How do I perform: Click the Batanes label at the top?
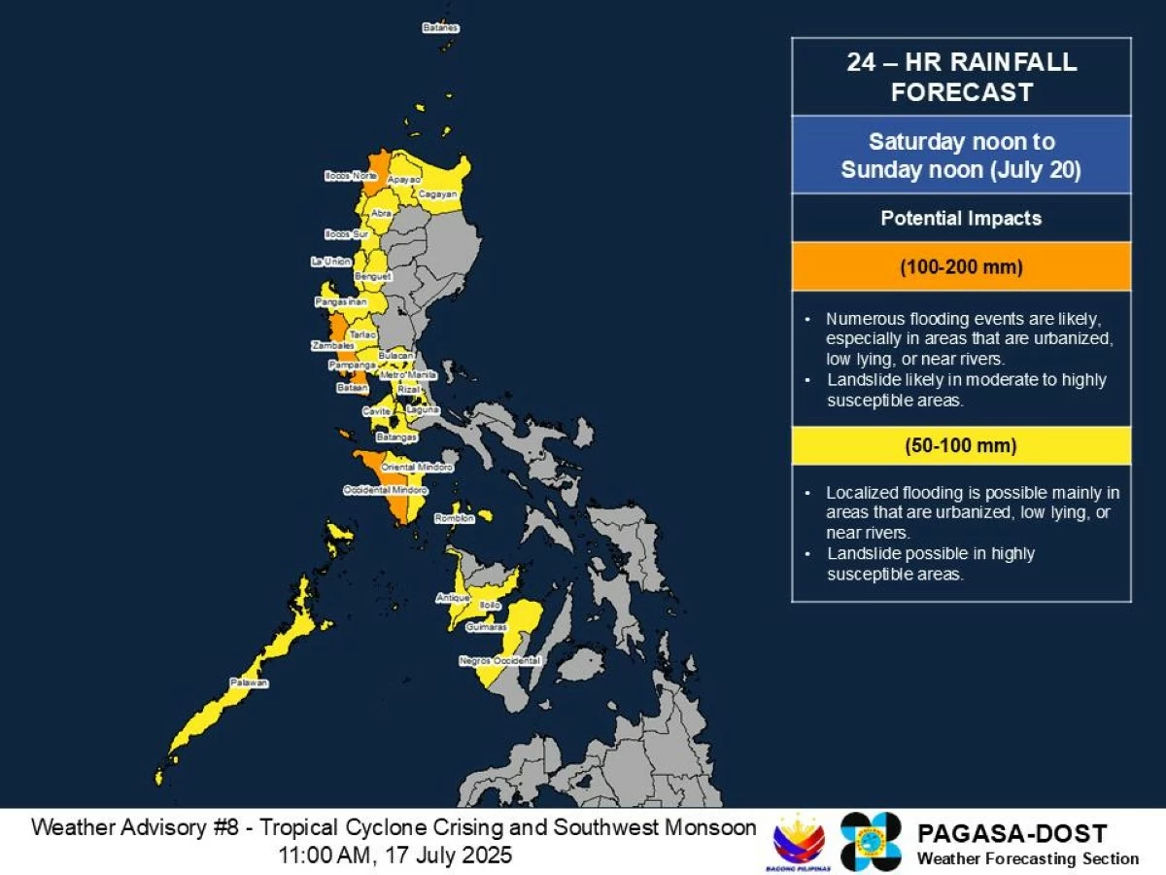tap(439, 28)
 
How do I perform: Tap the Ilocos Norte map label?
tap(351, 176)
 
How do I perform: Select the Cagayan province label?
tap(437, 194)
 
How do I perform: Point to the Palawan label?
tap(249, 682)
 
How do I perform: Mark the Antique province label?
tap(453, 597)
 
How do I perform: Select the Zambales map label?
tap(328, 345)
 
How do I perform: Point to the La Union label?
tap(330, 262)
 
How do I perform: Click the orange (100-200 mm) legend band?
tap(961, 265)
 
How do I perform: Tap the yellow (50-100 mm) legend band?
tap(961, 446)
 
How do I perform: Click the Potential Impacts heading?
tap(961, 218)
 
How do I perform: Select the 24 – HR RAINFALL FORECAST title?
tap(961, 77)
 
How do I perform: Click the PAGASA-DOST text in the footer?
tap(1012, 833)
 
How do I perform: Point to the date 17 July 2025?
tap(456, 856)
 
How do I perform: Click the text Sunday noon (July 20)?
tap(961, 169)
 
